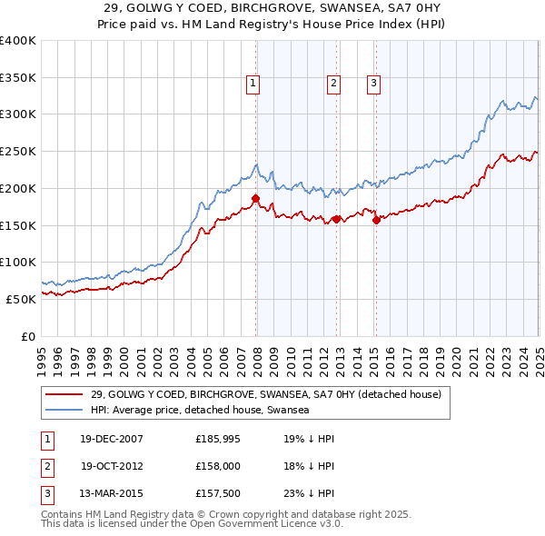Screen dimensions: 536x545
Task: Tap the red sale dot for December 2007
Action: pyautogui.click(x=256, y=198)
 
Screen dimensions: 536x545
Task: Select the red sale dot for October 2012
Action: pyautogui.click(x=336, y=219)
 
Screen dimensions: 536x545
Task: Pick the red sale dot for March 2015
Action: pyautogui.click(x=376, y=219)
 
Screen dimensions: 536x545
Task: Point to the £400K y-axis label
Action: pyautogui.click(x=17, y=41)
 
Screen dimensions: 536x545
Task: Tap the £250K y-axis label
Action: pyautogui.click(x=17, y=151)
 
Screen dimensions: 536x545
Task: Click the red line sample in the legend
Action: pyautogui.click(x=64, y=394)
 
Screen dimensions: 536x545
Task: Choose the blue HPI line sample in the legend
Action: pyautogui.click(x=64, y=411)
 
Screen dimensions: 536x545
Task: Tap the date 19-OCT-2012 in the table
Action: pyautogui.click(x=112, y=465)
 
